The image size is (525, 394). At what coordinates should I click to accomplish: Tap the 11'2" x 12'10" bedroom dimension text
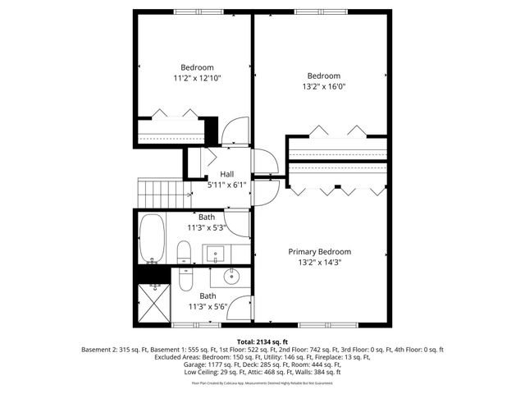click(x=197, y=78)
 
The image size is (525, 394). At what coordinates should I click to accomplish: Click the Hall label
click(x=227, y=174)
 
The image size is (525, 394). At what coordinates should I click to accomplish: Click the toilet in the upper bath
click(x=184, y=252)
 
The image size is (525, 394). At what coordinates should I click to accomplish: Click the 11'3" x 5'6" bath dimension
click(x=208, y=307)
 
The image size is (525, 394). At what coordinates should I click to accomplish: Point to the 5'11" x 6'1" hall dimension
click(x=227, y=185)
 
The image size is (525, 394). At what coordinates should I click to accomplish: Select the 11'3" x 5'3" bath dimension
click(x=208, y=227)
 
